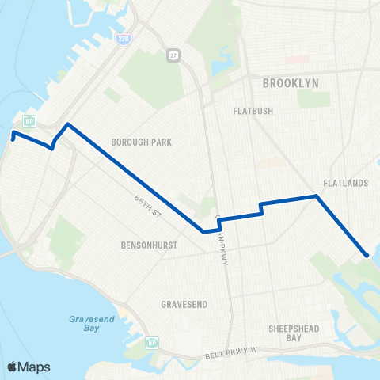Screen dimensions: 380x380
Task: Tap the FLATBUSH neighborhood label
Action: pos(253,111)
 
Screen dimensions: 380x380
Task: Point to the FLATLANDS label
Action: pos(348,184)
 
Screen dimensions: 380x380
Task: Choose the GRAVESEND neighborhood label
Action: pos(184,304)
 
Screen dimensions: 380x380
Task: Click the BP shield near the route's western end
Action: pos(28,120)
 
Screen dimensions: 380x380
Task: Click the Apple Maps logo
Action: pos(28,367)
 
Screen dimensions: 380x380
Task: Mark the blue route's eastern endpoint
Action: pos(367,255)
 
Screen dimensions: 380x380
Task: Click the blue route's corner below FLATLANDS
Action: pos(317,196)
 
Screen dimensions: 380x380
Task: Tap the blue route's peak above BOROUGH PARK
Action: pos(68,124)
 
